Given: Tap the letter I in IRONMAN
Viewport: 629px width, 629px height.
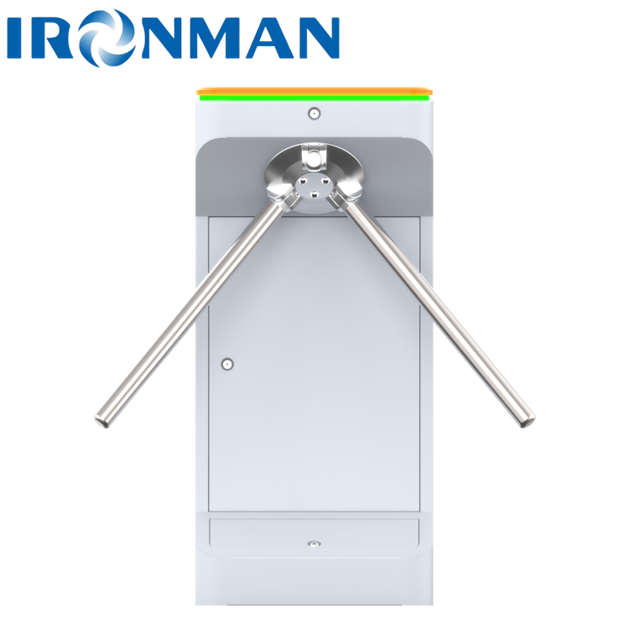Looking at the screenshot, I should point(19,39).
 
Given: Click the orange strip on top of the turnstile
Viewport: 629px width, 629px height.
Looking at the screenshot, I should point(314,90).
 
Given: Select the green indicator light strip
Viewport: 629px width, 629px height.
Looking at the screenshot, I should point(314,97).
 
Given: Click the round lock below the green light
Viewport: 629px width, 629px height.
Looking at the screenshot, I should point(314,112).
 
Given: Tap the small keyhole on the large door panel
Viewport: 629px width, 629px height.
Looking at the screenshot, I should point(226,364).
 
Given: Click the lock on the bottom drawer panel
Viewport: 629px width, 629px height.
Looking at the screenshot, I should point(314,544).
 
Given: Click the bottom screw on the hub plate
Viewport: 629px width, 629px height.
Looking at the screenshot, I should point(314,195).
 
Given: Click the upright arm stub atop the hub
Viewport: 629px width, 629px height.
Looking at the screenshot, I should point(314,156).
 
